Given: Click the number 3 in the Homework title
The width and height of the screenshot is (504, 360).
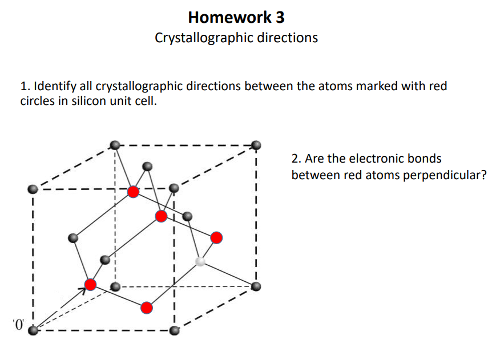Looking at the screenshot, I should (279, 18).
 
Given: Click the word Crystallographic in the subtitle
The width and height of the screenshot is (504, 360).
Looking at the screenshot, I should (203, 38).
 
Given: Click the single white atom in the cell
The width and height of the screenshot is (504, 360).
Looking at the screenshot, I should (200, 261).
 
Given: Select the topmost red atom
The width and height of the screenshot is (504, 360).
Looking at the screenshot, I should (133, 192).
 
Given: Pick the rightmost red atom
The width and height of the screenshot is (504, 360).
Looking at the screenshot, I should (216, 237).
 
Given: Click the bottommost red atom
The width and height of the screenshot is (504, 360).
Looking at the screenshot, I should (147, 308).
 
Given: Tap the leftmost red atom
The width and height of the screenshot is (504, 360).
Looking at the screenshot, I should (90, 284).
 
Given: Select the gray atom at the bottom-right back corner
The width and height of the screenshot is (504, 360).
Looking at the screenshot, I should (256, 286).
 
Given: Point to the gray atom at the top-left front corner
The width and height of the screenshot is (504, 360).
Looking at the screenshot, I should (33, 188).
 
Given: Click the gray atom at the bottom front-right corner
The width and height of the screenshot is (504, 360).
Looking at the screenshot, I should (174, 330).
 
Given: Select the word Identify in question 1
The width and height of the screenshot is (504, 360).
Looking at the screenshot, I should (54, 87).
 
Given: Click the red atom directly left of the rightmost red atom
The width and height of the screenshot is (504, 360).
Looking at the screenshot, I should (162, 216).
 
